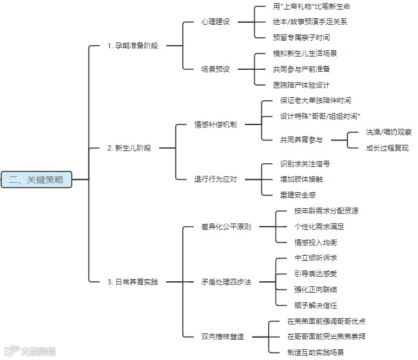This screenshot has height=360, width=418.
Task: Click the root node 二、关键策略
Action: (36, 180)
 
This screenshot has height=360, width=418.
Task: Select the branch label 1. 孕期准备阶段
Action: (133, 46)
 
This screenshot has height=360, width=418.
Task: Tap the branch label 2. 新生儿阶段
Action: (130, 147)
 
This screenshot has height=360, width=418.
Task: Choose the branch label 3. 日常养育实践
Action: (132, 281)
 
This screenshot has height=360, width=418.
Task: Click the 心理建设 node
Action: (216, 22)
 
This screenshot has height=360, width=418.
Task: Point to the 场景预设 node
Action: (216, 69)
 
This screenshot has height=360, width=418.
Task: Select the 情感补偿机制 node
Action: (215, 124)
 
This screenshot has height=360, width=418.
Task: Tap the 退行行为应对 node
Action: (215, 179)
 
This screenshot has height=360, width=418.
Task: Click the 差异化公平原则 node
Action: (226, 226)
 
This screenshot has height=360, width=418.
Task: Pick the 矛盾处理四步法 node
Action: (226, 281)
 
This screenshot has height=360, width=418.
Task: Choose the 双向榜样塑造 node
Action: (222, 336)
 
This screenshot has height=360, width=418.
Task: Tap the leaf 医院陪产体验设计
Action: (301, 84)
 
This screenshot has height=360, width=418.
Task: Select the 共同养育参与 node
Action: (301, 140)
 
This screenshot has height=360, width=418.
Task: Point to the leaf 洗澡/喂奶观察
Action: (388, 132)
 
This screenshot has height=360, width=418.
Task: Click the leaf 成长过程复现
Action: (387, 148)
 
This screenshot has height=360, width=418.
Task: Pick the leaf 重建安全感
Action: (297, 194)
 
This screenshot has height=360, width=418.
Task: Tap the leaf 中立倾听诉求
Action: (316, 258)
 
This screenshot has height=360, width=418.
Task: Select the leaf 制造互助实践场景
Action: (316, 352)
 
